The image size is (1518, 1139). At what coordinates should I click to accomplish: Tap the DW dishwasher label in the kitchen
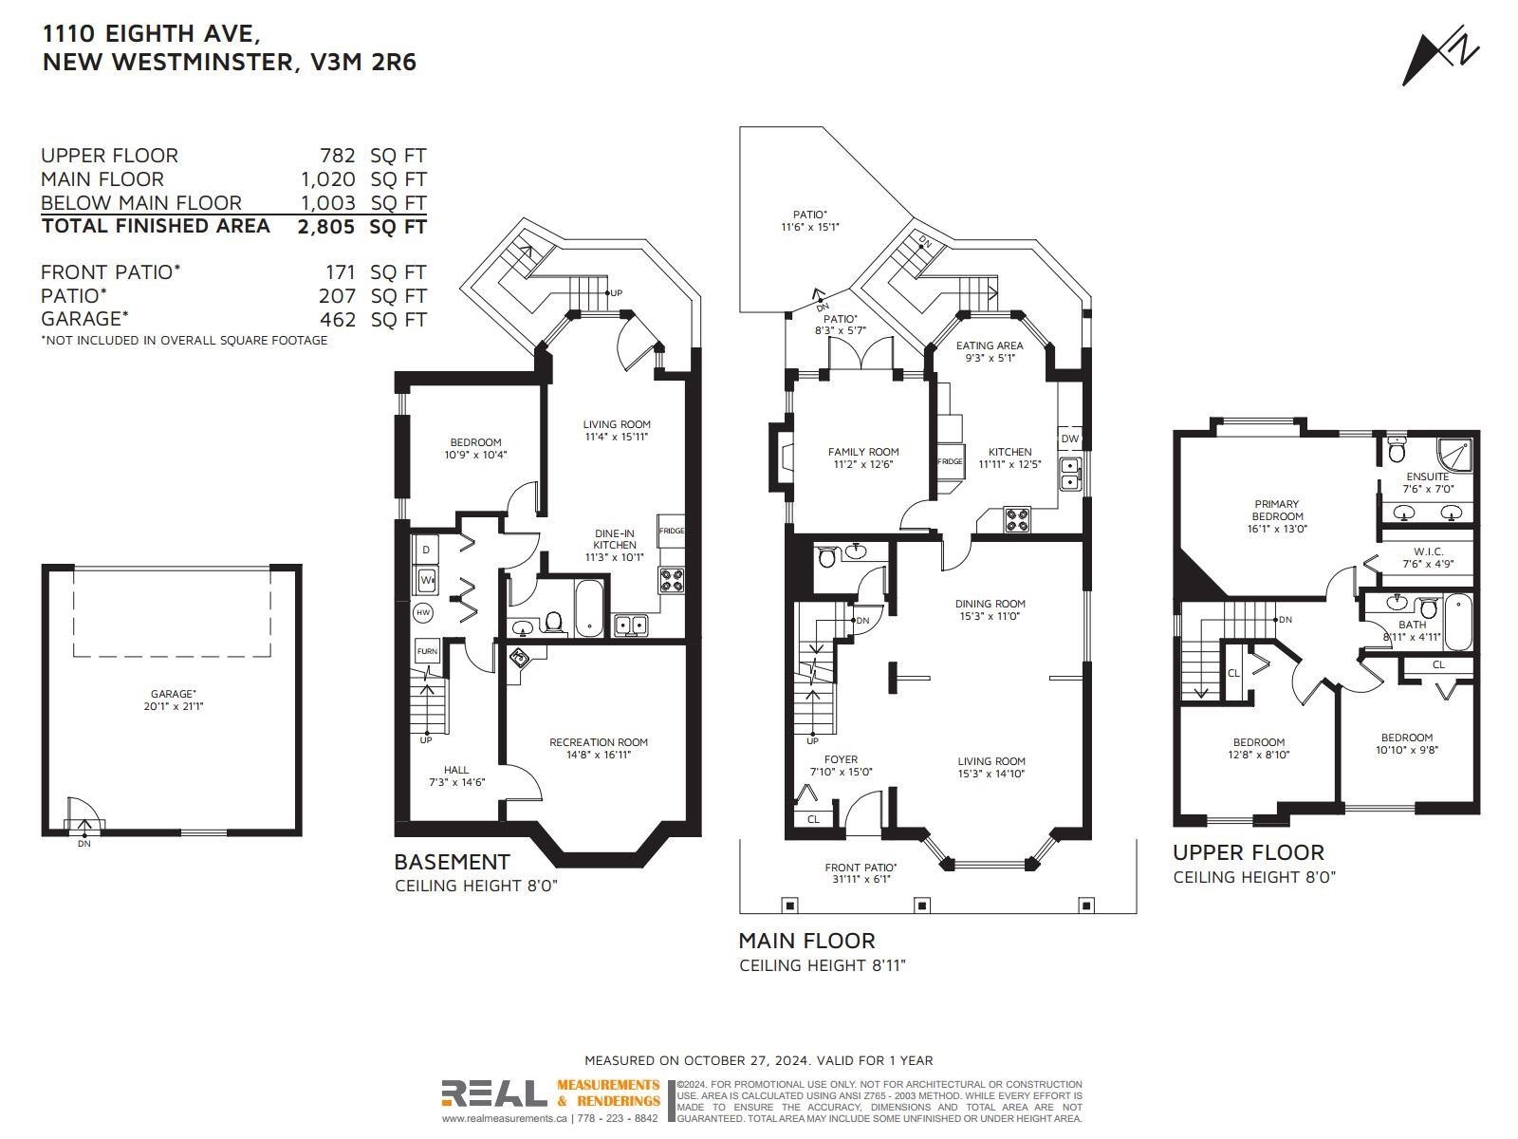pyautogui.click(x=1069, y=439)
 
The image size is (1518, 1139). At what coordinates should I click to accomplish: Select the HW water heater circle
pyautogui.click(x=423, y=613)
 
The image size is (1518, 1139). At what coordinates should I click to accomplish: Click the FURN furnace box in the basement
pyautogui.click(x=427, y=651)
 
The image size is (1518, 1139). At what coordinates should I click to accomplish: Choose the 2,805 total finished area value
pyautogui.click(x=325, y=227)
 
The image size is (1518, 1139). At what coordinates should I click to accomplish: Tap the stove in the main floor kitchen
pyautogui.click(x=1017, y=519)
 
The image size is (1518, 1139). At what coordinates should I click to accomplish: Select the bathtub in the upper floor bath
pyautogui.click(x=1457, y=622)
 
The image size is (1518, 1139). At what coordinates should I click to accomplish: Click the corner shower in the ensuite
pyautogui.click(x=1454, y=454)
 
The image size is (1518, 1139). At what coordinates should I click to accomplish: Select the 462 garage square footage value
pyautogui.click(x=338, y=320)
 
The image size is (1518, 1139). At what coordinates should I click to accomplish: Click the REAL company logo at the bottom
pyautogui.click(x=494, y=1093)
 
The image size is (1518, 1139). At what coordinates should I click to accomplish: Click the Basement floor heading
pyautogui.click(x=453, y=862)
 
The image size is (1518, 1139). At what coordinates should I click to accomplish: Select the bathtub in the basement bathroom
pyautogui.click(x=589, y=608)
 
